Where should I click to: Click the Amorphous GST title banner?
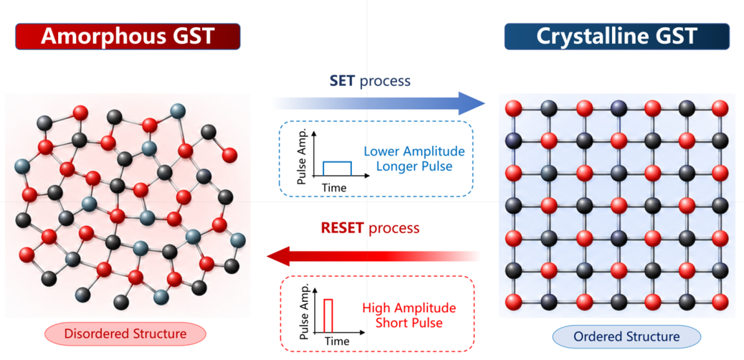coord(128,37)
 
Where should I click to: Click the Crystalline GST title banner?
coord(617,37)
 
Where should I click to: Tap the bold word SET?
coord(342,81)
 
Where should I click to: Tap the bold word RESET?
coord(342,228)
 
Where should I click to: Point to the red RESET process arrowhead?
coord(280,257)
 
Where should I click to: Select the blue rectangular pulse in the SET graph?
coord(338,169)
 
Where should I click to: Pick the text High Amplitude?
coord(409,307)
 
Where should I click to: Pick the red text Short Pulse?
coord(409,323)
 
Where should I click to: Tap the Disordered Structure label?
coord(125,334)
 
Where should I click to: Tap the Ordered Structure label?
coord(626,337)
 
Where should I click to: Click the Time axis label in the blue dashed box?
coord(334,187)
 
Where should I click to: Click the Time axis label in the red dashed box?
coord(337,341)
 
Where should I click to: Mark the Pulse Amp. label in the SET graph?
coord(305,157)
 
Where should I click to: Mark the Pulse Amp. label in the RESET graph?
coord(306,312)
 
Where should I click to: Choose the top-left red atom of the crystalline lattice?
coord(515,108)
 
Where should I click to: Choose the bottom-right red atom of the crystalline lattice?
coord(720,302)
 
